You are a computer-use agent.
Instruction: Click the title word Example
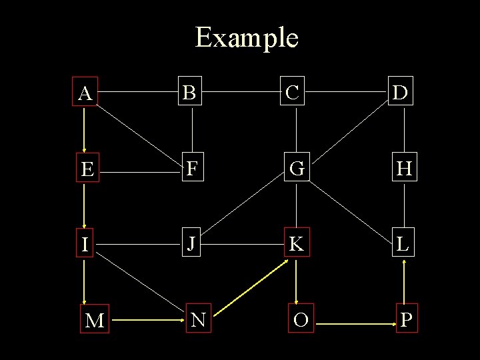(246, 38)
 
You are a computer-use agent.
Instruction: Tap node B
(192, 93)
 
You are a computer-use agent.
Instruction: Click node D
(401, 93)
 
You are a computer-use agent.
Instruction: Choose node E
(86, 170)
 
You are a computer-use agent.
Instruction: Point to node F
(192, 169)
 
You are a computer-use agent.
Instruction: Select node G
(297, 169)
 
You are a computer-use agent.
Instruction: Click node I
(85, 244)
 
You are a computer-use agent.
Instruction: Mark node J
(191, 243)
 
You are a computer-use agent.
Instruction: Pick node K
(296, 243)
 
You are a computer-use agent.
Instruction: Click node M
(95, 321)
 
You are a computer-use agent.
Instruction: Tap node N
(197, 320)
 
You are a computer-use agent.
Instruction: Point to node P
(406, 320)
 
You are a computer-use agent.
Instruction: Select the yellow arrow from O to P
(353, 324)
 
